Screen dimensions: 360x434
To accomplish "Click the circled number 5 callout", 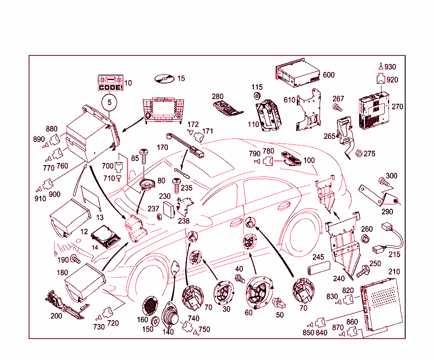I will pyautogui.click(x=109, y=102).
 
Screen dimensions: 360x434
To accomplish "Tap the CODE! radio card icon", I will pyautogui.click(x=110, y=83).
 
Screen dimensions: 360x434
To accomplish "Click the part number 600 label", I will pyautogui.click(x=328, y=75).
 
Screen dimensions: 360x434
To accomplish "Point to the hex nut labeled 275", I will pyautogui.click(x=357, y=153).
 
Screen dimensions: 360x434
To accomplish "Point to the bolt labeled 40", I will pyautogui.click(x=240, y=279).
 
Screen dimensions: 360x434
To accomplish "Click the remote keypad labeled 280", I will pyautogui.click(x=227, y=107).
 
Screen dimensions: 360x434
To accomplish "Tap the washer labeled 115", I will pyautogui.click(x=257, y=96).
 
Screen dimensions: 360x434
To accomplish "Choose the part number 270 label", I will pyautogui.click(x=397, y=107).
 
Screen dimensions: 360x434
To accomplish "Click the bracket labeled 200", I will pyautogui.click(x=64, y=306).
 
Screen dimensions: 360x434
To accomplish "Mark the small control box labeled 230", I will pyautogui.click(x=170, y=209).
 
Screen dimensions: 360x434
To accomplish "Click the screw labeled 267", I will pyautogui.click(x=338, y=108).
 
